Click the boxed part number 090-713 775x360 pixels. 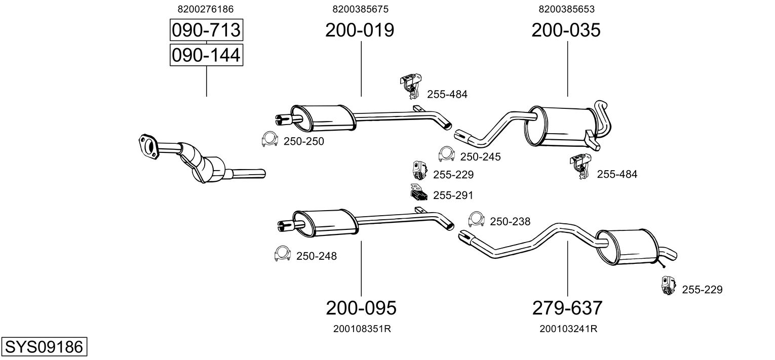pos(206,30)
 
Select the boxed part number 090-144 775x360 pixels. pos(206,55)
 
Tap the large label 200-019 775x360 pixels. pos(360,30)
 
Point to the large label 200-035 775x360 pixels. pos(566,30)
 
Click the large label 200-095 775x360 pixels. pos(361,307)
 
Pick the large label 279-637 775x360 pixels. pos(567,307)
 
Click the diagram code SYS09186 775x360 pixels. pos(44,347)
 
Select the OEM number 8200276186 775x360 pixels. pos(206,9)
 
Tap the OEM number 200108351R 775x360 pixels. pos(362,329)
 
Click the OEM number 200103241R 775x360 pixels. pos(568,329)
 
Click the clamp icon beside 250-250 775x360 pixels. pos(269,139)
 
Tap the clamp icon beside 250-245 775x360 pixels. pos(446,153)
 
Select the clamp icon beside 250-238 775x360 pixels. pos(476,218)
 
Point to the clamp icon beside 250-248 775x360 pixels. pos(281,253)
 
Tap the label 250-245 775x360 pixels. pos(480,157)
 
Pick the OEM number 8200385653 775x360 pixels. pos(566,9)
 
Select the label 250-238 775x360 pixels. pos(510,221)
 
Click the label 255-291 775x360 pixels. pos(453,195)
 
